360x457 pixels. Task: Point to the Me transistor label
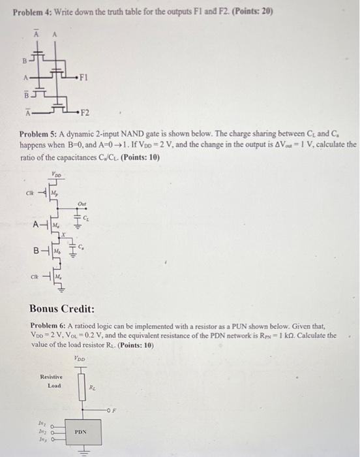pyautogui.click(x=55, y=276)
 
